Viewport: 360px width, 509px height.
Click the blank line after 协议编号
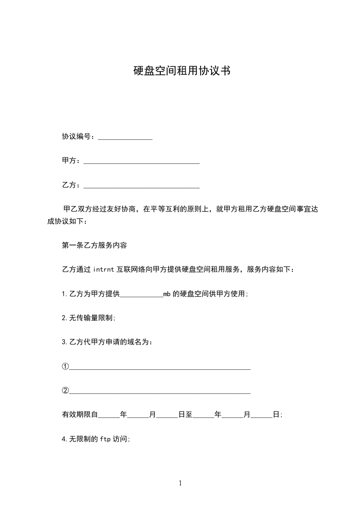coord(125,137)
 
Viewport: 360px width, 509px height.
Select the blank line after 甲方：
coord(142,161)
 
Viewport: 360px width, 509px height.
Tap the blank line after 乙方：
coord(142,186)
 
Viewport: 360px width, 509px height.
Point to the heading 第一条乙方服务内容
coord(94,245)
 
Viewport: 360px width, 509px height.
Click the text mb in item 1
coord(167,294)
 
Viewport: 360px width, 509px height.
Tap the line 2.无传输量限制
coord(89,318)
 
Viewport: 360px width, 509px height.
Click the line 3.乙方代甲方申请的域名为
coord(107,343)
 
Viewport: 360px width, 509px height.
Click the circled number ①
coord(65,367)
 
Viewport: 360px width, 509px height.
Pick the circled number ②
coord(65,391)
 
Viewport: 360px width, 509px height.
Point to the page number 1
coord(180,483)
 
